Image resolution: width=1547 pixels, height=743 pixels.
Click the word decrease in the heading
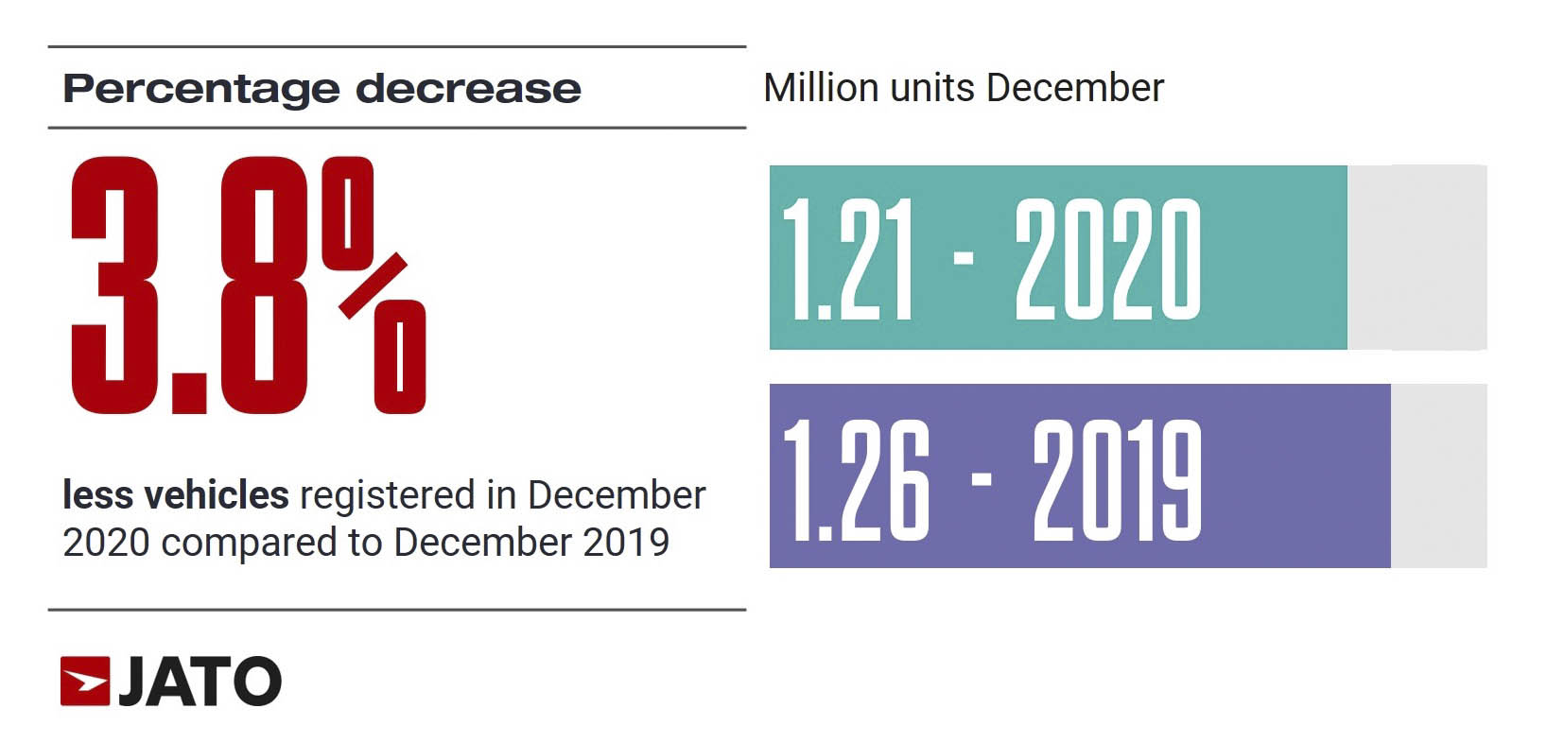click(468, 89)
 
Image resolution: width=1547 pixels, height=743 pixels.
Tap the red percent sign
click(374, 285)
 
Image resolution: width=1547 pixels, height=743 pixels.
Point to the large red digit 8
click(264, 285)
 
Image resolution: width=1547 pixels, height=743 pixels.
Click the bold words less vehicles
click(175, 495)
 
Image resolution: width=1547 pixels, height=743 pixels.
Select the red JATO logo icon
click(85, 681)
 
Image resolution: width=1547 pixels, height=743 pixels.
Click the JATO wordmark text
click(200, 682)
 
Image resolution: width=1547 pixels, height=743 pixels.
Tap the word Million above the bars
click(821, 88)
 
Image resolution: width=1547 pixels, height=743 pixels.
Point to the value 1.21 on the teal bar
click(848, 259)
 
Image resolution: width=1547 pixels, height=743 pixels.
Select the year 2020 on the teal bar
click(1107, 259)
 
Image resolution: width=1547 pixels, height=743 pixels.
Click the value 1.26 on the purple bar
click(857, 479)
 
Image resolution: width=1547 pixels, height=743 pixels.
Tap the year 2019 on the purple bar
click(1117, 479)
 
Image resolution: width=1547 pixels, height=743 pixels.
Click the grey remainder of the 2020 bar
click(1417, 257)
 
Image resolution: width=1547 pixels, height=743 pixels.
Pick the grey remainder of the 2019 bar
click(1438, 475)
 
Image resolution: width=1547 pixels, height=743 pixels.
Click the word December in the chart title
click(1075, 88)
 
